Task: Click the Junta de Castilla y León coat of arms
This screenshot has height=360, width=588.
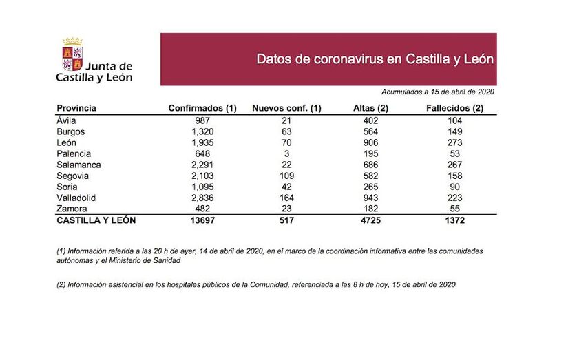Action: point(72,55)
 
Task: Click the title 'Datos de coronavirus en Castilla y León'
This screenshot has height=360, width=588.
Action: point(375,59)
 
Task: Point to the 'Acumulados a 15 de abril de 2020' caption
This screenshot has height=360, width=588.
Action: point(438,92)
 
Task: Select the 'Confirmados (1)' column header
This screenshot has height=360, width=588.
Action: point(202,108)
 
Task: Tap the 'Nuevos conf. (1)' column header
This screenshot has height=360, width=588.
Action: point(286,108)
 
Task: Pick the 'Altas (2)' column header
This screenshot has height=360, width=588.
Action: point(370,108)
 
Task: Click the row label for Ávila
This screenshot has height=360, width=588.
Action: point(67,120)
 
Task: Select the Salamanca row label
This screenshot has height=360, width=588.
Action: point(79,165)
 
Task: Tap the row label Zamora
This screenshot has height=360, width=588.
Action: point(72,209)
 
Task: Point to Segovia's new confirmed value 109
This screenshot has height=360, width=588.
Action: point(286,176)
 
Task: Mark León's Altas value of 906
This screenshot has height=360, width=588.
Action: point(370,142)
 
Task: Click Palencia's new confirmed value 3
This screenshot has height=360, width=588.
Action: point(286,153)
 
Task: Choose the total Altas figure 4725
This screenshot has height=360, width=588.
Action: point(370,220)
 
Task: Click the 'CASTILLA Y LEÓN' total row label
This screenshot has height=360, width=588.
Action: point(96,220)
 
